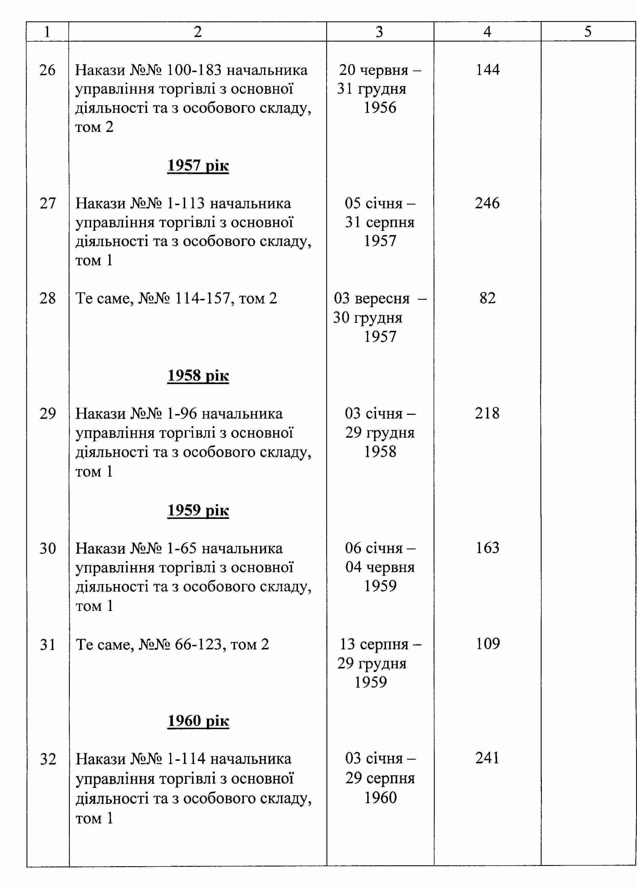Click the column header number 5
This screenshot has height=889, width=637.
click(588, 31)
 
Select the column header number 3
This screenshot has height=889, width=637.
click(379, 32)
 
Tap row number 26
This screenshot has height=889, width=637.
click(47, 70)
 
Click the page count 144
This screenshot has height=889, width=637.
click(488, 70)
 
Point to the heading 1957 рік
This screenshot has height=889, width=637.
click(198, 166)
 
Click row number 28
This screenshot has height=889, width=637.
click(47, 298)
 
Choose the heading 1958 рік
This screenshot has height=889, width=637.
click(198, 376)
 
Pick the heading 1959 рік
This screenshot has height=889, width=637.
click(198, 510)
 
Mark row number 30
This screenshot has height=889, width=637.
click(47, 548)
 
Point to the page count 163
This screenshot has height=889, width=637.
click(488, 548)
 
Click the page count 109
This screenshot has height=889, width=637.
click(488, 644)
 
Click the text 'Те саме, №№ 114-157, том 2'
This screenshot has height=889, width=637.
click(176, 298)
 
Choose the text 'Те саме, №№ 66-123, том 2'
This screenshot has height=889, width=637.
click(172, 644)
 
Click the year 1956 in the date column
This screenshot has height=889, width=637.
click(380, 107)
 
